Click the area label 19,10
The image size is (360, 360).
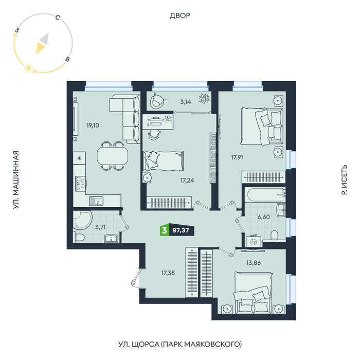click(x=93, y=125)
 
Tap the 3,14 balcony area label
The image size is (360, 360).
click(x=186, y=102)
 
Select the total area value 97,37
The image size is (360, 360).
click(x=181, y=230)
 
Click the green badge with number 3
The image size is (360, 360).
click(x=165, y=230)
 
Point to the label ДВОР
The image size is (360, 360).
click(x=180, y=15)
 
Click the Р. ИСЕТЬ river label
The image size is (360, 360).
click(x=344, y=180)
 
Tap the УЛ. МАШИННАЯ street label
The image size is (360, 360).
click(x=15, y=180)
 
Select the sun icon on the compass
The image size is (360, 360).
click(x=28, y=68)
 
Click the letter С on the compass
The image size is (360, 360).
click(x=58, y=17)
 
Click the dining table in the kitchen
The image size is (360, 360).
click(x=113, y=156)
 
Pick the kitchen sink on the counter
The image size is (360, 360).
click(x=96, y=201)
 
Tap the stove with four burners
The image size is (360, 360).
click(x=81, y=184)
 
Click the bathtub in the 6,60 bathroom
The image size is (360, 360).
click(x=265, y=195)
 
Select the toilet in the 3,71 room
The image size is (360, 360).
click(x=78, y=237)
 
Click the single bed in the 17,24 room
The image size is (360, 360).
click(x=163, y=161)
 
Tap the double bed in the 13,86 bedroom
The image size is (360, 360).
click(x=253, y=293)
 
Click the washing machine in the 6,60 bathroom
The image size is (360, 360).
click(x=254, y=241)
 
